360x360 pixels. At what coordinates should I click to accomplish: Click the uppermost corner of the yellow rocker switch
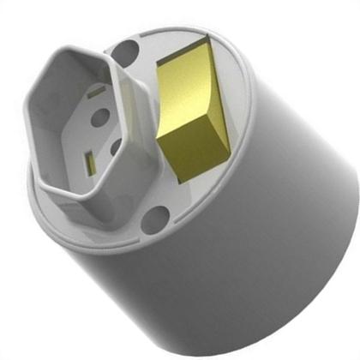[203, 39]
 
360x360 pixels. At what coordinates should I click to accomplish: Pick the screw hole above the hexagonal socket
[125, 55]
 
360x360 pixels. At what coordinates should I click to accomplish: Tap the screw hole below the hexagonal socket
[151, 221]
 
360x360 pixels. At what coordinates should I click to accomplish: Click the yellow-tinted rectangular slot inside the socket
[89, 159]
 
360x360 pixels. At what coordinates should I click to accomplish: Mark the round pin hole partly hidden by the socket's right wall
[115, 147]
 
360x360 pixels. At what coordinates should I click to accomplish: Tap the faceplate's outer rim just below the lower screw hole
[154, 243]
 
